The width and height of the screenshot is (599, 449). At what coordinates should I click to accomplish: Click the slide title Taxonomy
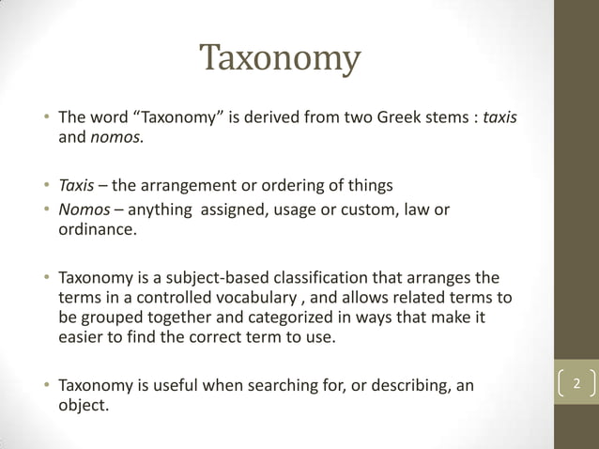[x=281, y=59]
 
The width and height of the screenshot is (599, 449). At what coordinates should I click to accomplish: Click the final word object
[x=83, y=406]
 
